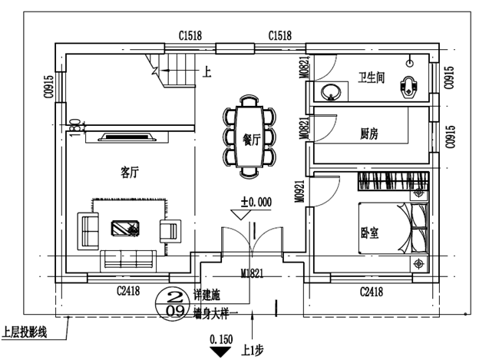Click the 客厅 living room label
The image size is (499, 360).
pyautogui.click(x=130, y=171)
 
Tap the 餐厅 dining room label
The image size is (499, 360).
pyautogui.click(x=251, y=140)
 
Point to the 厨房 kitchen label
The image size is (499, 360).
pyautogui.click(x=369, y=133)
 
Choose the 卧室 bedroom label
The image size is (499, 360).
pyautogui.click(x=369, y=231)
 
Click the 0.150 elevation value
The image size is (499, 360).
pyautogui.click(x=220, y=338)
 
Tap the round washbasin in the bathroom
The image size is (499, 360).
pyautogui.click(x=332, y=92)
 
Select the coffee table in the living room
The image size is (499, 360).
pyautogui.click(x=124, y=227)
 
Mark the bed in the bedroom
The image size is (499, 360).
pyautogui.click(x=392, y=228)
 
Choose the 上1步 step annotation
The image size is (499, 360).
pyautogui.click(x=253, y=349)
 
